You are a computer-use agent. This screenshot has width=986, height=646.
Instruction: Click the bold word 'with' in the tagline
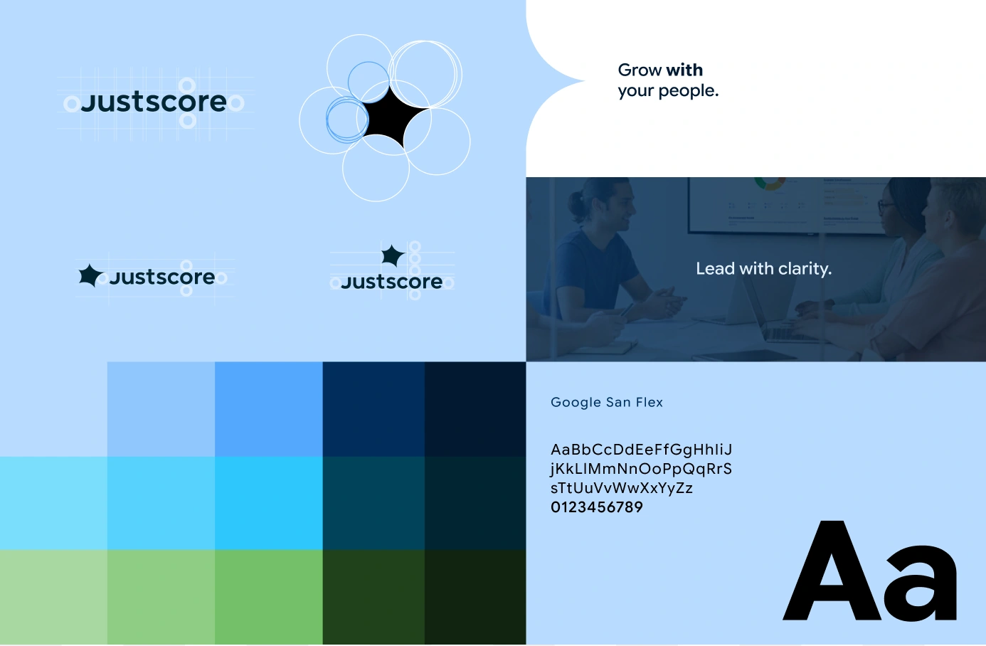[x=684, y=70]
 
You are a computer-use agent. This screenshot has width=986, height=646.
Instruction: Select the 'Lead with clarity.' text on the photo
[x=763, y=268]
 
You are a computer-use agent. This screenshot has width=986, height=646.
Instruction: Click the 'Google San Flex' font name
[x=606, y=402]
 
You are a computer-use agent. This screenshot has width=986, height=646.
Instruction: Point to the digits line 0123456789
[x=596, y=507]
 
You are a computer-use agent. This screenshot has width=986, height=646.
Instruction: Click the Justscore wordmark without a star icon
[x=154, y=102]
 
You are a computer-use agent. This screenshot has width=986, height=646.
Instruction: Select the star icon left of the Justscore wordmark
[x=90, y=275]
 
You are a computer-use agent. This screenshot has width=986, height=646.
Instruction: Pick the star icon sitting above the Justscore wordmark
[x=392, y=255]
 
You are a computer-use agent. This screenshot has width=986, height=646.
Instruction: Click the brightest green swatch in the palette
[x=268, y=596]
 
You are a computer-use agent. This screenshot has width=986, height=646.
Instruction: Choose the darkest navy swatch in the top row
[x=475, y=408]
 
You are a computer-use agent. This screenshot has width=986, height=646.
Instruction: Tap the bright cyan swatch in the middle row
[x=268, y=502]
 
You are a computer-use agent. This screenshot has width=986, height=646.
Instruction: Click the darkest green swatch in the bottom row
[x=475, y=596]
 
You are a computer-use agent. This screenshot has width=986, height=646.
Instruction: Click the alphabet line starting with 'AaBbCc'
[x=641, y=450]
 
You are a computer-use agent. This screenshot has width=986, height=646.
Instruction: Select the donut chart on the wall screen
[x=769, y=183]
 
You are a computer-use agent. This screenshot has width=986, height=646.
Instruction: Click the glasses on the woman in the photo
[x=886, y=206]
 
